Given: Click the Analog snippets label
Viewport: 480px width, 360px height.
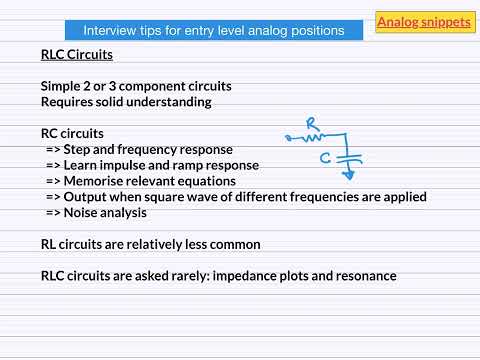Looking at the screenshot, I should click(423, 21).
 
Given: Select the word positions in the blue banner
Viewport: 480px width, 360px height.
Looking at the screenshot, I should click(317, 31).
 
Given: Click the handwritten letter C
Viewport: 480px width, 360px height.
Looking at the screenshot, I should click(325, 157).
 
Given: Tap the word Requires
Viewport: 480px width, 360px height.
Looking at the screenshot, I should click(68, 102).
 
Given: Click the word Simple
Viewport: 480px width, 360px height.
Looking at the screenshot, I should click(62, 86).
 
